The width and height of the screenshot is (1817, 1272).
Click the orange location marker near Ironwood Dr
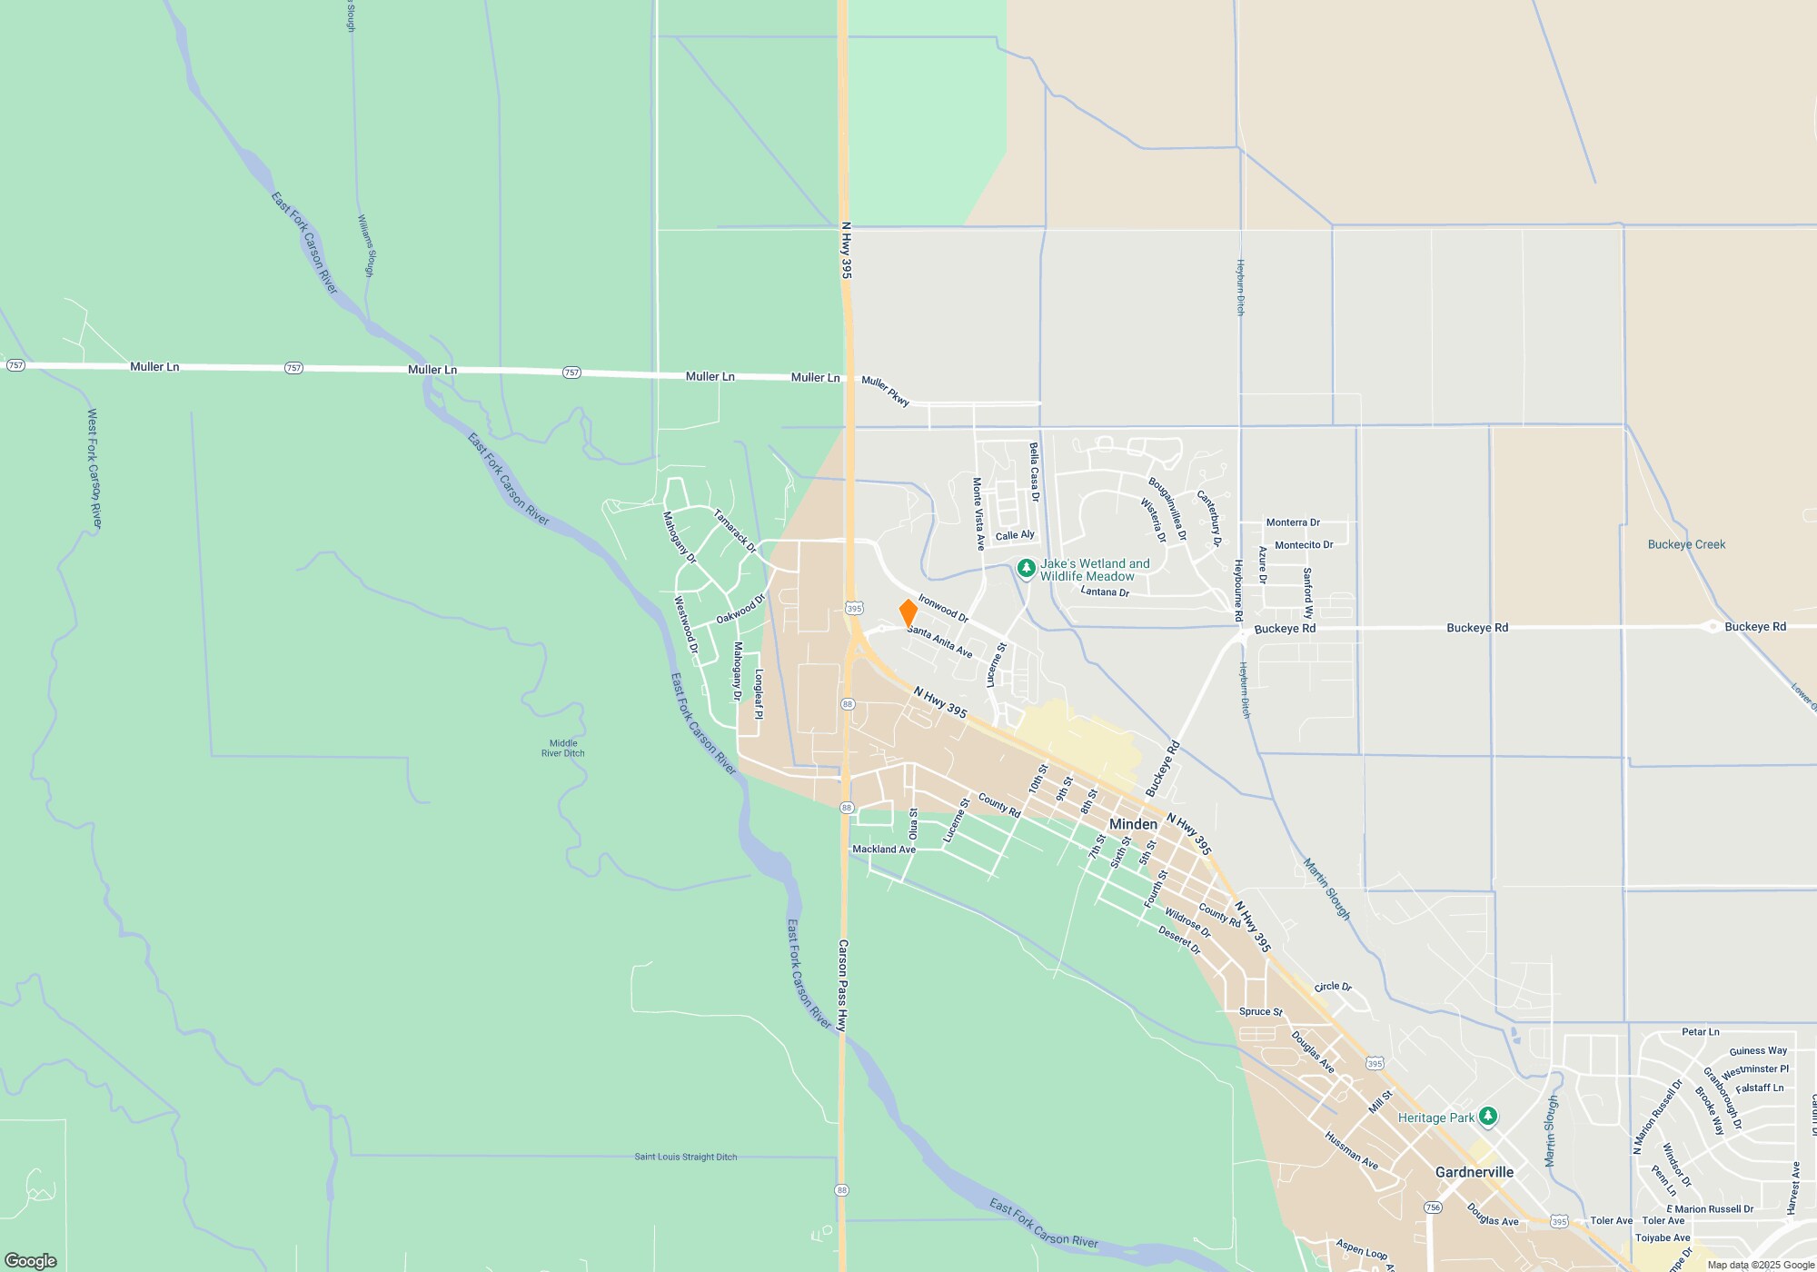point(908,612)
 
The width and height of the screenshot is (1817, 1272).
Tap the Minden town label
point(1133,824)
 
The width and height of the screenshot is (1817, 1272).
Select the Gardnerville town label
point(1474,1172)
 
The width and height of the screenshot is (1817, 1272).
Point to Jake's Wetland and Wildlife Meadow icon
point(1026,569)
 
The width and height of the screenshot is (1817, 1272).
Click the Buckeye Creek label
point(1686,544)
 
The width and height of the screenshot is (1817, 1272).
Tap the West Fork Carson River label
point(94,468)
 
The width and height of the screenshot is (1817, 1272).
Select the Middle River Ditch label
point(562,748)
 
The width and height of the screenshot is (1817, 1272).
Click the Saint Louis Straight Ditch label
point(685,1157)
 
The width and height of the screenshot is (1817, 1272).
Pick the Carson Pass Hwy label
point(842,985)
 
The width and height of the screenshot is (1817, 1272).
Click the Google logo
point(31,1260)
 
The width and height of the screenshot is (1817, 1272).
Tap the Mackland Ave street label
point(883,850)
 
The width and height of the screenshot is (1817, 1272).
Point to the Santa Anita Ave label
point(939,641)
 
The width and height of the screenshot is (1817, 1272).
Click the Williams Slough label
point(365,245)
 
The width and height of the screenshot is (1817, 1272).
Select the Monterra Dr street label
point(1293,522)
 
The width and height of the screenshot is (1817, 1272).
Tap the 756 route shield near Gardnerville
point(1433,1207)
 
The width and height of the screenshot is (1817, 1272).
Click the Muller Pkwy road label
point(885,391)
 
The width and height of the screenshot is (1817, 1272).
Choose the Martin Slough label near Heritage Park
point(1551,1130)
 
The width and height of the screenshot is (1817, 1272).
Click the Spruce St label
point(1260,1011)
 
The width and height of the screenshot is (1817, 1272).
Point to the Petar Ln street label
point(1700,1032)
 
